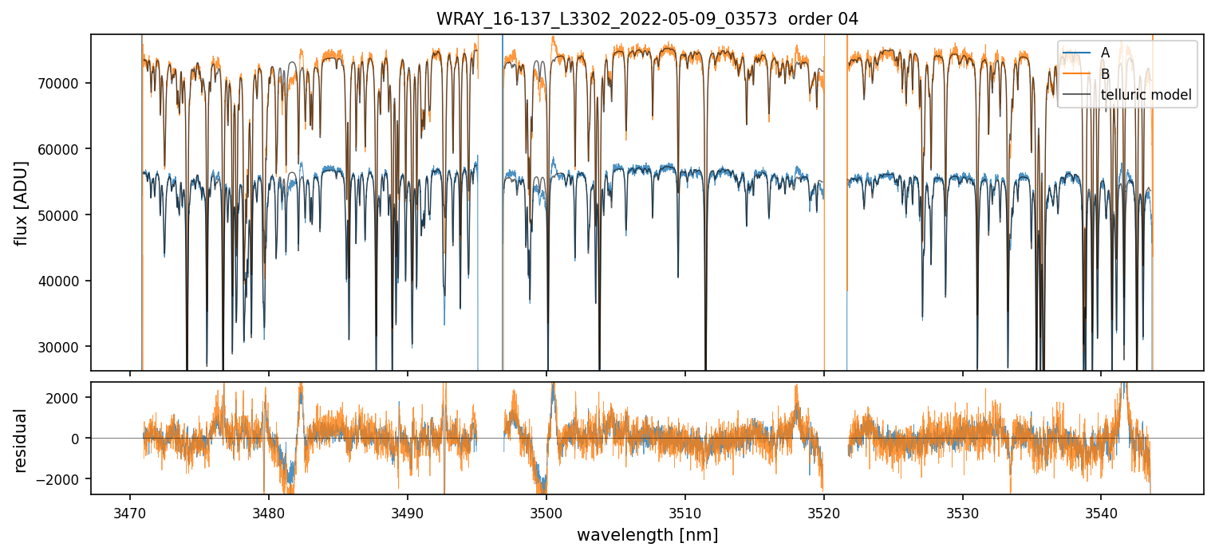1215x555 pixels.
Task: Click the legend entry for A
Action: pyautogui.click(x=1105, y=53)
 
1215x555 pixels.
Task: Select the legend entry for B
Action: pyautogui.click(x=1105, y=73)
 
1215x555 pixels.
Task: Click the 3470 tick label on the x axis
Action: pyautogui.click(x=130, y=510)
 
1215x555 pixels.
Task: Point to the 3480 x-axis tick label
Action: pyautogui.click(x=269, y=510)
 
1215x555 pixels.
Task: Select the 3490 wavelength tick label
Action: pyautogui.click(x=408, y=510)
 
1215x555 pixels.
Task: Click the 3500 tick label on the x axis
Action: pyautogui.click(x=546, y=510)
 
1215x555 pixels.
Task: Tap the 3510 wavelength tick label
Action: pyautogui.click(x=685, y=510)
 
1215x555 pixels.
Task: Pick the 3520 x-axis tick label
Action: pyautogui.click(x=824, y=510)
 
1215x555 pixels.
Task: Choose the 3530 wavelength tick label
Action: pyautogui.click(x=963, y=510)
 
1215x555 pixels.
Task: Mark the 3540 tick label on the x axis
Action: pyautogui.click(x=1102, y=510)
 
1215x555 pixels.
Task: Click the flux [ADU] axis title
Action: pyautogui.click(x=22, y=203)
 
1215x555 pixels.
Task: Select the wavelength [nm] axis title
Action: pyautogui.click(x=647, y=534)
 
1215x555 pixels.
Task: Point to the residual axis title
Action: pyautogui.click(x=22, y=440)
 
